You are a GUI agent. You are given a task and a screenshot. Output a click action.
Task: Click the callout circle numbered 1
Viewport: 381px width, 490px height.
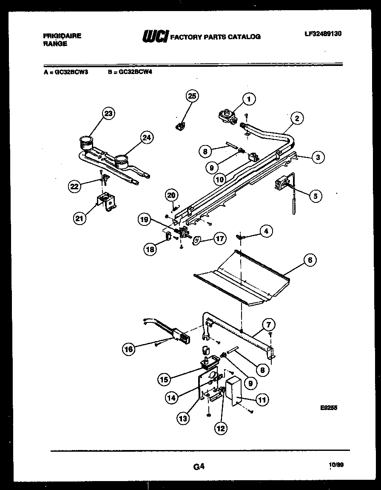pyautogui.click(x=249, y=99)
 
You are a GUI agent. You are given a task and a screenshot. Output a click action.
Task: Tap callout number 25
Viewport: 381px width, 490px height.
pyautogui.click(x=192, y=97)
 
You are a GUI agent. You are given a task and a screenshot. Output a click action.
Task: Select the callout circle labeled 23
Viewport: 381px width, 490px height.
pyautogui.click(x=109, y=114)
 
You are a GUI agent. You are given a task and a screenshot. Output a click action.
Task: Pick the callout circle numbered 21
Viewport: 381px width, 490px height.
pyautogui.click(x=79, y=218)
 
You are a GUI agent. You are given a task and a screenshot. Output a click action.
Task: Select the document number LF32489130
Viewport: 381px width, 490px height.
pyautogui.click(x=323, y=33)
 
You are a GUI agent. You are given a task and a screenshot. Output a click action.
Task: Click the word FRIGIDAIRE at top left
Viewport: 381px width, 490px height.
pyautogui.click(x=62, y=37)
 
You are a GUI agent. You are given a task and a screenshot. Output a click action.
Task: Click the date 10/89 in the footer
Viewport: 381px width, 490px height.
pyautogui.click(x=336, y=465)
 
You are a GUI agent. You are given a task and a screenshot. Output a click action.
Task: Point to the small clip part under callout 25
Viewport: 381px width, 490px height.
pyautogui.click(x=179, y=125)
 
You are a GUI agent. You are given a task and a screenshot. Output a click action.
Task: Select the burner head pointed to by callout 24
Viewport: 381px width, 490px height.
pyautogui.click(x=121, y=161)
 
